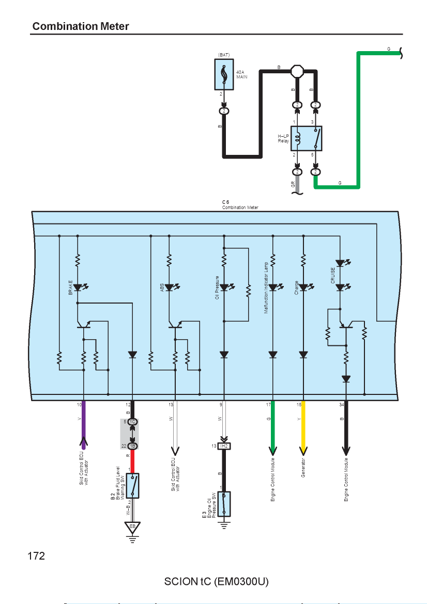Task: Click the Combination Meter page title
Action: (x=81, y=26)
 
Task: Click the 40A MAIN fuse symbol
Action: (x=224, y=74)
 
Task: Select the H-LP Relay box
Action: (x=306, y=138)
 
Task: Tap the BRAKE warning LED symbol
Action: (x=80, y=288)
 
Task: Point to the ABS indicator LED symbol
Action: (x=171, y=288)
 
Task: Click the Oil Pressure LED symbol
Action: (x=226, y=288)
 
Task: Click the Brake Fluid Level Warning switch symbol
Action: (x=132, y=486)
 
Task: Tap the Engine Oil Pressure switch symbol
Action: (x=224, y=504)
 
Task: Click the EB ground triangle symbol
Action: (x=132, y=527)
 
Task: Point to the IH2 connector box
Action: (x=224, y=446)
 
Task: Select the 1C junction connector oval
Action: (x=132, y=422)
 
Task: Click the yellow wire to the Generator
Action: (x=303, y=426)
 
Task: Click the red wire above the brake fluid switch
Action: (x=132, y=462)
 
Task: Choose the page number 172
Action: (x=36, y=556)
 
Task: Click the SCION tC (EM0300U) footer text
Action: (x=217, y=581)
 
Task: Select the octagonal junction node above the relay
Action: (x=297, y=71)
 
